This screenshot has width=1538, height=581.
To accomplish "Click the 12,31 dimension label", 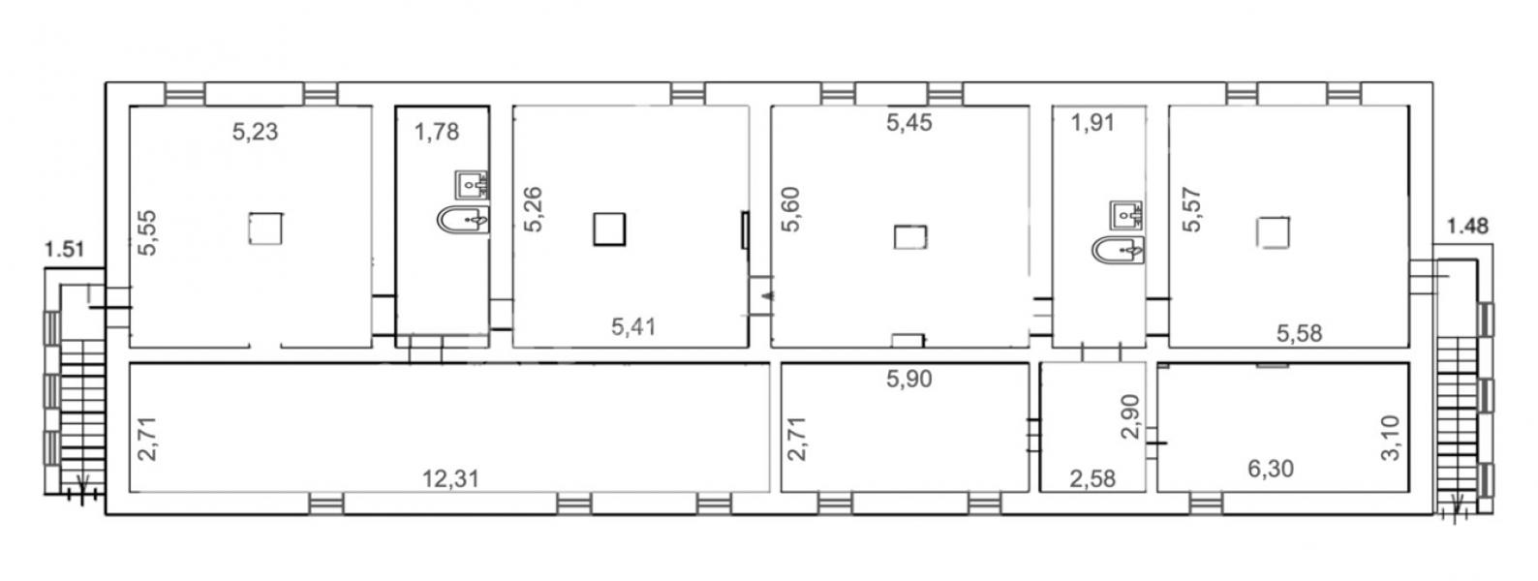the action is tap(450, 478).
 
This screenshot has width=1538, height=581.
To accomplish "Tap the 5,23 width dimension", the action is tap(256, 131).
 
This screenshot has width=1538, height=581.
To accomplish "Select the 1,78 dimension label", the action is tap(437, 131).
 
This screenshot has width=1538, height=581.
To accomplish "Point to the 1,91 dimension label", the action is tap(1093, 122).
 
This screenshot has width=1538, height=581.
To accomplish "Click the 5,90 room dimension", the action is tap(909, 379).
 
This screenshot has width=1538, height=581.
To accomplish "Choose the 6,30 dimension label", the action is tap(1271, 469).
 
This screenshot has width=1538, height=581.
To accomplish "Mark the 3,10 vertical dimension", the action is tap(1390, 438).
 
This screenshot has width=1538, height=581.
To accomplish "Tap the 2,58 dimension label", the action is tap(1093, 478).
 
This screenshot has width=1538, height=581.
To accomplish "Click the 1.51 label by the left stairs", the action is tap(65, 249).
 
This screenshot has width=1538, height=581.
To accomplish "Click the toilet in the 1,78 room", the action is tap(464, 220).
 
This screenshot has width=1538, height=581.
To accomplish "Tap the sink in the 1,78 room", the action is tap(472, 185).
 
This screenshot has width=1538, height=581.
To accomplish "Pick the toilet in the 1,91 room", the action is tap(1119, 250).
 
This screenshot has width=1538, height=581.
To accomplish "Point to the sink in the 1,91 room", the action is tap(1126, 216).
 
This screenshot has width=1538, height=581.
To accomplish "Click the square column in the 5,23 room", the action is tap(265, 228).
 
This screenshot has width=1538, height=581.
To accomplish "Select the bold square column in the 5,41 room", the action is tap(610, 229).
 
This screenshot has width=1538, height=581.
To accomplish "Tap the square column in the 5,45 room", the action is tap(910, 237).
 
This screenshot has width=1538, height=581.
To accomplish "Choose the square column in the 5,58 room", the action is tap(1273, 232).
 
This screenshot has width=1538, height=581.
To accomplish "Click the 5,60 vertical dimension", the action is tap(791, 209).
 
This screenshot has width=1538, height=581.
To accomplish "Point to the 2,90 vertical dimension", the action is tap(1130, 416).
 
